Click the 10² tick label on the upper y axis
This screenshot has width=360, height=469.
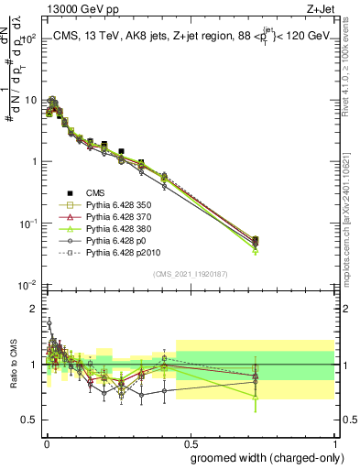[29, 39]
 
